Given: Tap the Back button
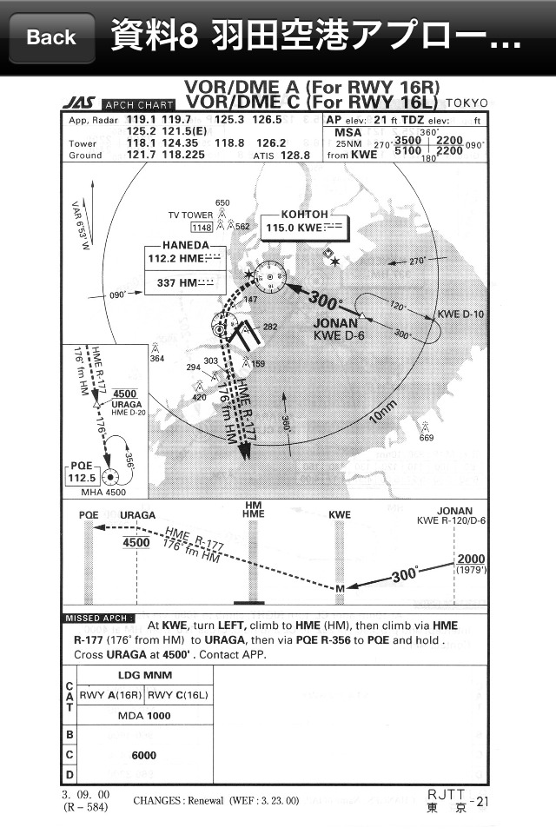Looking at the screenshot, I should [x=51, y=37].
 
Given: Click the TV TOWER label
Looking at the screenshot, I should [x=190, y=215].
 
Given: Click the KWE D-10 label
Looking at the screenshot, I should [x=460, y=314].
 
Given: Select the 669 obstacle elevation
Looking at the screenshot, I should [x=426, y=438].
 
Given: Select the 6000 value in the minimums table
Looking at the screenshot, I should [x=143, y=755].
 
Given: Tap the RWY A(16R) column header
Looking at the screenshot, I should [x=110, y=694].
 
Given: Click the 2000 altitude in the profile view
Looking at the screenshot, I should [x=472, y=559].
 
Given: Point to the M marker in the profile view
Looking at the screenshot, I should [x=340, y=590].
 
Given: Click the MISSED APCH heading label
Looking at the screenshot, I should [x=95, y=618].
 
